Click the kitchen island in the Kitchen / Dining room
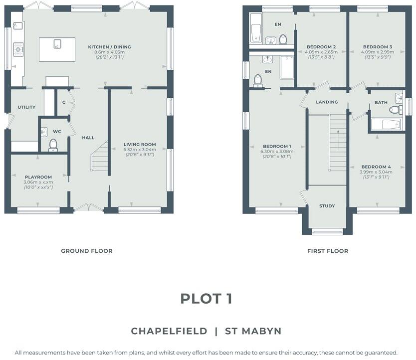click(x=57, y=49)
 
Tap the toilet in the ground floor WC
click(x=53, y=145)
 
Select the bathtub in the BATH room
click(x=386, y=124)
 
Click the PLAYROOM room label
click(x=38, y=177)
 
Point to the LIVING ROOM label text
click(x=140, y=145)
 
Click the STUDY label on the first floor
click(x=327, y=206)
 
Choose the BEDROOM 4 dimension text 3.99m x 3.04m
click(x=377, y=172)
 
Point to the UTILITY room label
click(x=26, y=107)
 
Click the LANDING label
click(x=327, y=102)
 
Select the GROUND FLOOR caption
click(x=87, y=251)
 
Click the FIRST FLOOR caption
click(x=327, y=251)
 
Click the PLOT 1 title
click(x=206, y=299)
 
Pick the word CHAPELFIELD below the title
click(x=169, y=331)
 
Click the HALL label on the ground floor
click(x=88, y=138)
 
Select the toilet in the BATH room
click(x=395, y=110)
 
